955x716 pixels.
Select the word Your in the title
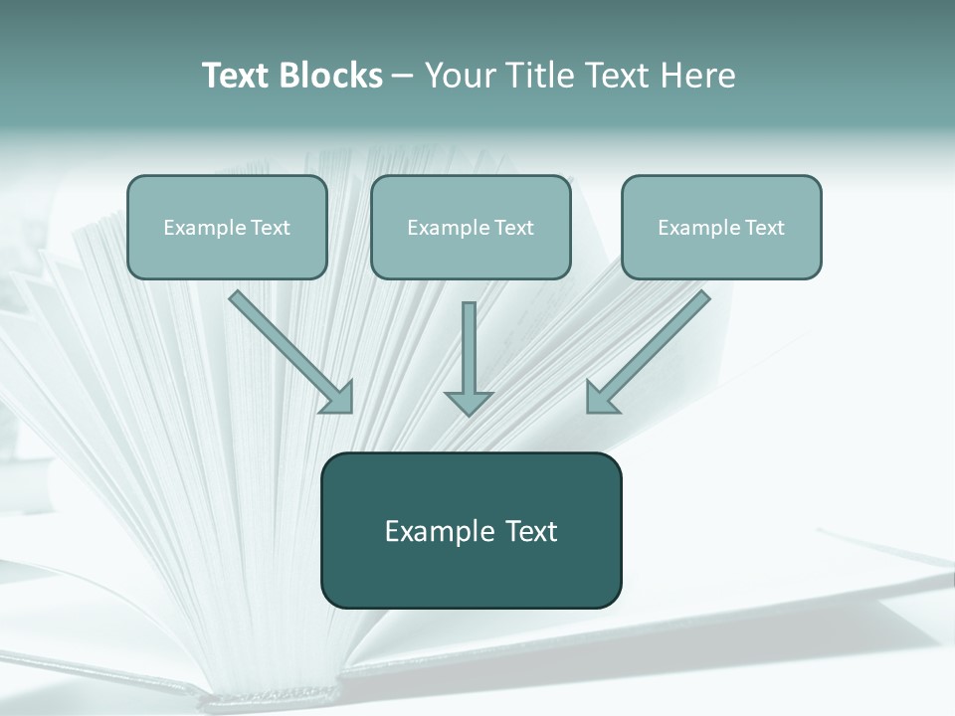[459, 76]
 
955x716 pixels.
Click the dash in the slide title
[403, 76]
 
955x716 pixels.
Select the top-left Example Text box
[227, 227]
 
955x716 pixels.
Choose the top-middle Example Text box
[471, 227]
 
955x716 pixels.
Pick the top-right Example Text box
[721, 227]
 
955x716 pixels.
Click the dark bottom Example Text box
[471, 530]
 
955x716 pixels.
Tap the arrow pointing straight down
[469, 353]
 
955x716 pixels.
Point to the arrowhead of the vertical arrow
[469, 402]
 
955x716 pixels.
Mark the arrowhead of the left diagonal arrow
[339, 397]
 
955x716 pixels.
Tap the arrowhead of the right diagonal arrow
[600, 397]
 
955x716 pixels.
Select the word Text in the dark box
[524, 531]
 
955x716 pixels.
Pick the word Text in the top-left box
[271, 228]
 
